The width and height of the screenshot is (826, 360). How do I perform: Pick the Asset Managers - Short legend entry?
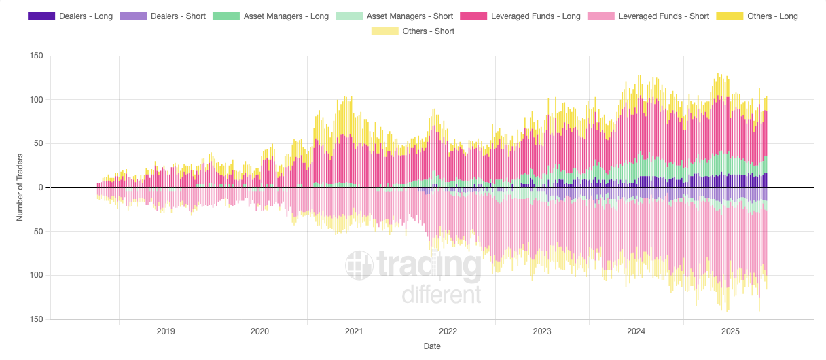[x=395, y=16]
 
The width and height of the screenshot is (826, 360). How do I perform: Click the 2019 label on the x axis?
[x=166, y=331]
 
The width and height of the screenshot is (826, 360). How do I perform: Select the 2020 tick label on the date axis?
[x=259, y=331]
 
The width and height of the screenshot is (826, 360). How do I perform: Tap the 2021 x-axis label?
[x=354, y=331]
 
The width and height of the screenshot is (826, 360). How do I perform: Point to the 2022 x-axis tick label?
[x=448, y=331]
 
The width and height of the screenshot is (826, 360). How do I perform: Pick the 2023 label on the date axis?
[x=542, y=331]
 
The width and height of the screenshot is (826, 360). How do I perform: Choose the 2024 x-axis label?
[x=636, y=331]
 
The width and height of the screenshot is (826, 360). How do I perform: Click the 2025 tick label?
[x=730, y=331]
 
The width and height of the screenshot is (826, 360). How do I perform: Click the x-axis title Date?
[x=431, y=346]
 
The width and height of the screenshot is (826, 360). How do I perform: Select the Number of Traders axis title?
[x=20, y=187]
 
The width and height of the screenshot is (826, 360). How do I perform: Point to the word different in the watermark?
[x=442, y=295]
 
